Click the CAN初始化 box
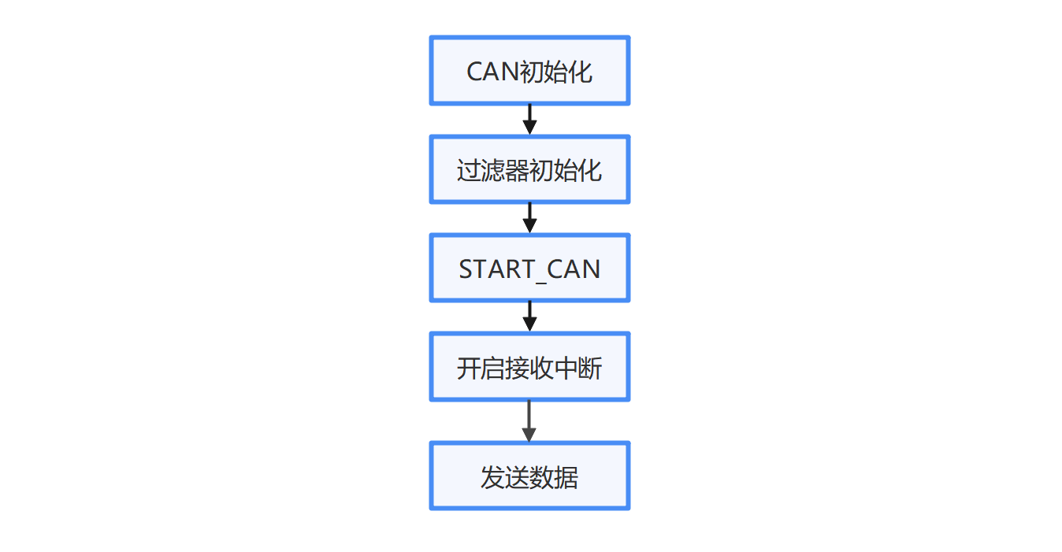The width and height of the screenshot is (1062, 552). click(x=529, y=70)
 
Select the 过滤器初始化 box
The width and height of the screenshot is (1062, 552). click(x=529, y=169)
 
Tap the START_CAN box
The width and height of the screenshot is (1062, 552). click(x=529, y=268)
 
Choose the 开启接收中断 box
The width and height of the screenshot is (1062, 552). click(x=529, y=367)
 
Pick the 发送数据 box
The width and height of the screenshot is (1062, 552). click(x=529, y=476)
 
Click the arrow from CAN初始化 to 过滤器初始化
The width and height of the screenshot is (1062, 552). click(x=529, y=120)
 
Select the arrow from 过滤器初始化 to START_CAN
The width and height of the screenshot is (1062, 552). click(x=529, y=218)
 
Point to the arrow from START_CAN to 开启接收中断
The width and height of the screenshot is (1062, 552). click(x=529, y=317)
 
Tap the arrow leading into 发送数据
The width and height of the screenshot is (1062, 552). click(x=529, y=421)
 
